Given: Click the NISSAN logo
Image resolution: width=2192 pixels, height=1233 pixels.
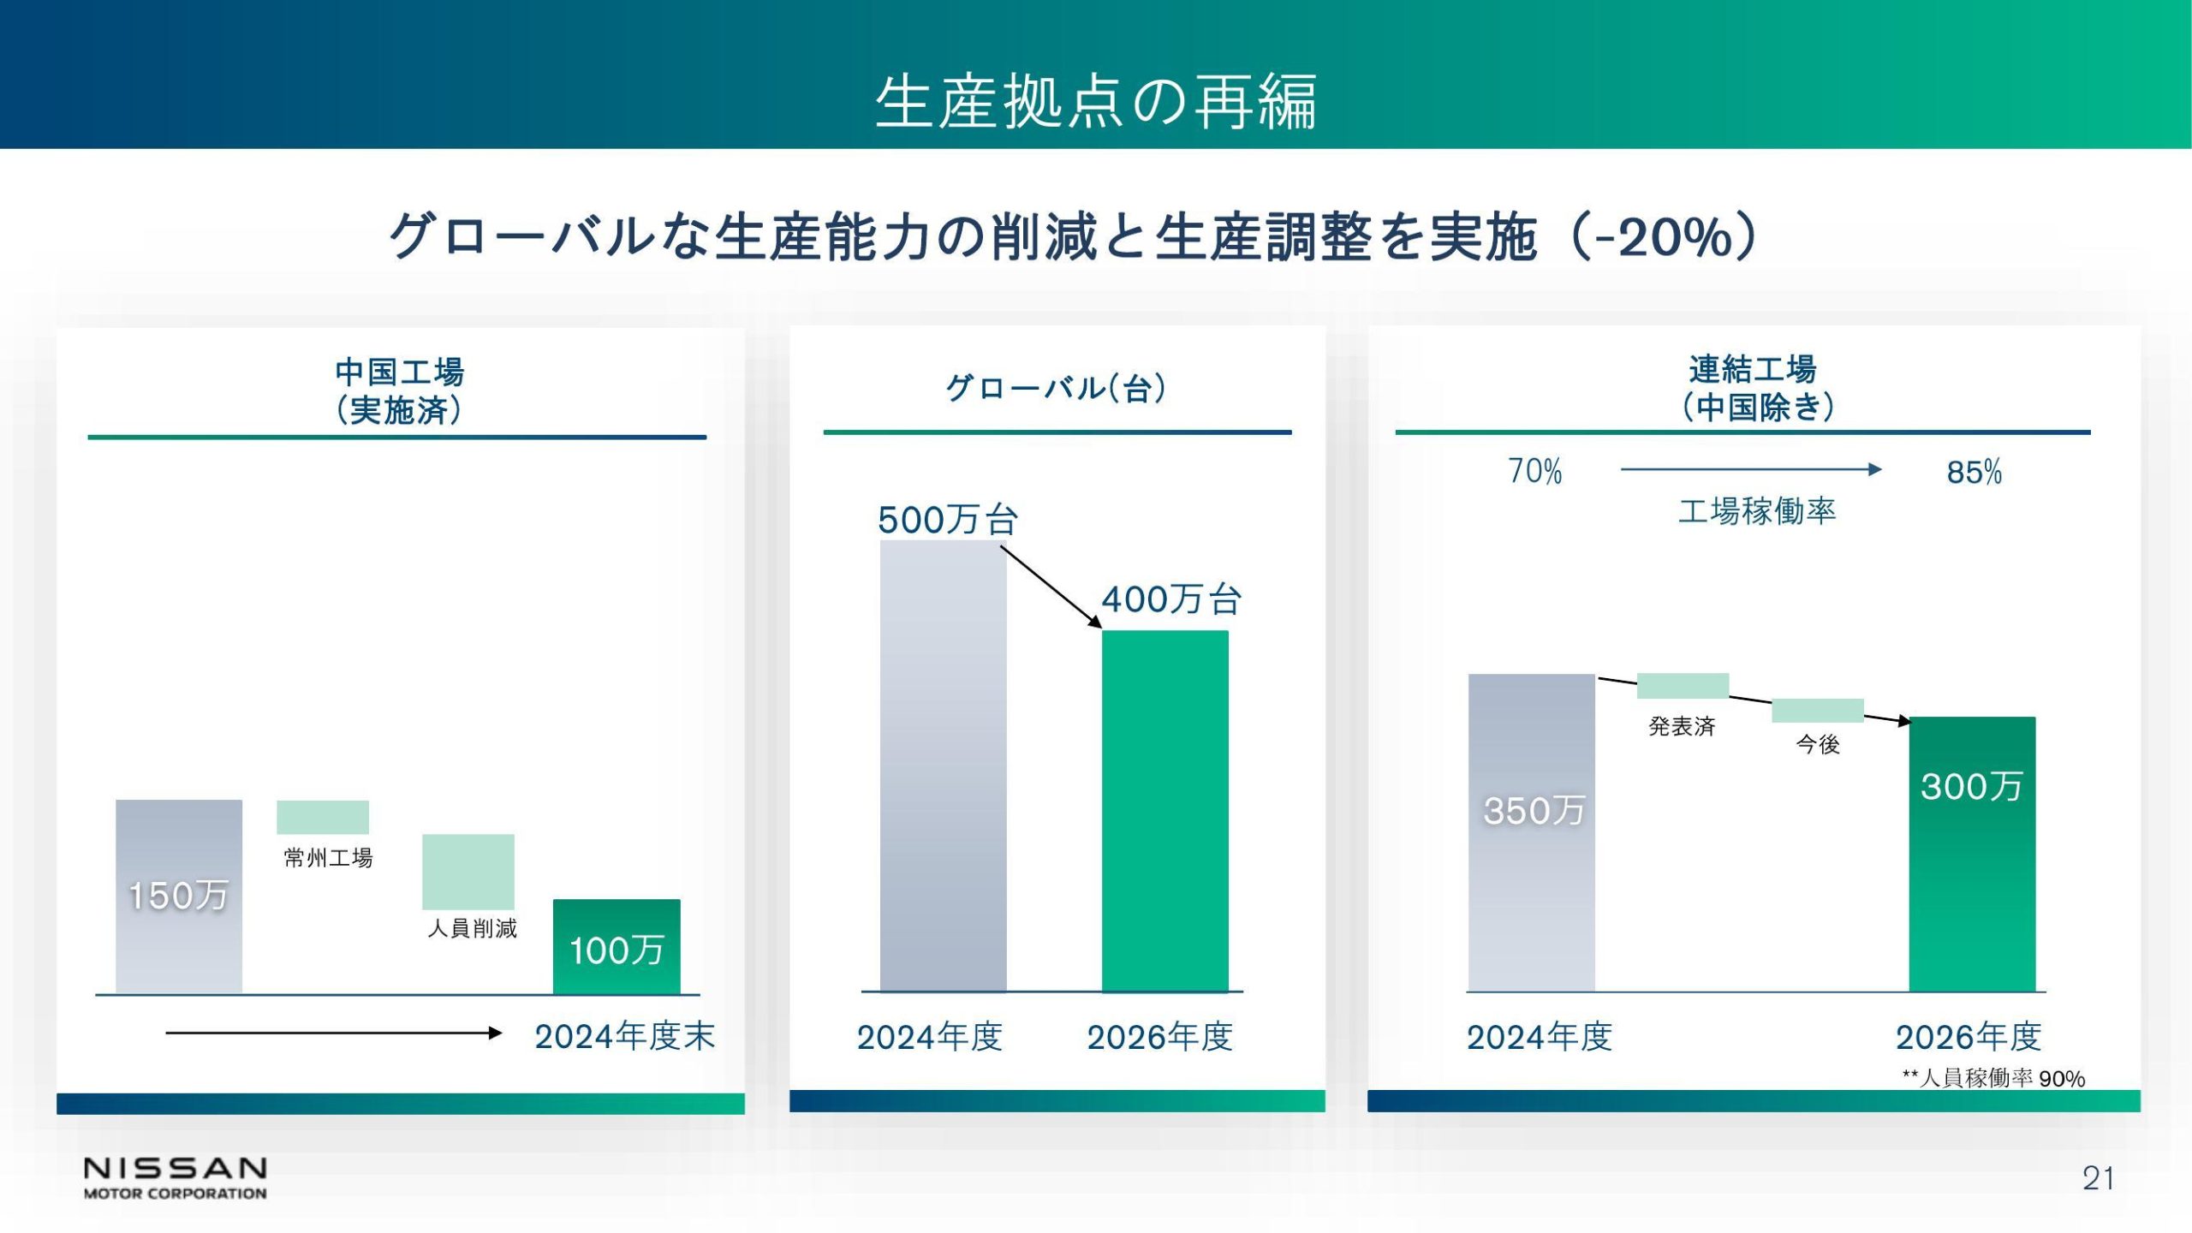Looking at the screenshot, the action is click(x=175, y=1178).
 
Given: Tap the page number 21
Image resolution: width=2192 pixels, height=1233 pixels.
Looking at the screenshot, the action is click(x=2098, y=1179).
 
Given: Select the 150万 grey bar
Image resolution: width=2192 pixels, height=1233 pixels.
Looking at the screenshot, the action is click(x=179, y=896).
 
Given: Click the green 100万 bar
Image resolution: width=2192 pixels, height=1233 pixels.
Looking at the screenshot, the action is click(x=616, y=946).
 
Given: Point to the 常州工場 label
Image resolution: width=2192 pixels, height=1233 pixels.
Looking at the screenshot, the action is click(x=328, y=858).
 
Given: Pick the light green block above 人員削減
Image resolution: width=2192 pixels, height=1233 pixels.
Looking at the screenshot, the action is click(x=468, y=872).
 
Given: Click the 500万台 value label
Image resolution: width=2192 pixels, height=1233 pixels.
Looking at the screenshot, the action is click(x=948, y=520).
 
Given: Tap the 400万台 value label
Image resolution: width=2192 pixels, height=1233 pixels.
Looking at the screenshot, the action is click(x=1171, y=599).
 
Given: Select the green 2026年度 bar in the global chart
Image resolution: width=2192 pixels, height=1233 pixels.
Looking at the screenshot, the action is click(x=1164, y=811).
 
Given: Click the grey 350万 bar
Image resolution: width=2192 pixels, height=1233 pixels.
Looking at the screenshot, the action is click(x=1532, y=832).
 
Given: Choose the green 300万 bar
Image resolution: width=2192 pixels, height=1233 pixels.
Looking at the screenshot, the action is click(x=1972, y=854).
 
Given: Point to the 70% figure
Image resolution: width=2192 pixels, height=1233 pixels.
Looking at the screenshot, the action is click(x=1535, y=471).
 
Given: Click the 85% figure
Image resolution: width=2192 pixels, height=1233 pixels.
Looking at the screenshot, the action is click(x=1975, y=472).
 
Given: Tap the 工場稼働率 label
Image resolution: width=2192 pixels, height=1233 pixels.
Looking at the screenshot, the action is click(x=1757, y=511).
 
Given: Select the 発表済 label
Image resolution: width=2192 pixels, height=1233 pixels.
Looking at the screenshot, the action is click(x=1682, y=727).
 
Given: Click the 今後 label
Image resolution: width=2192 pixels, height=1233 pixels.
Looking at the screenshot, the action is click(x=1818, y=744).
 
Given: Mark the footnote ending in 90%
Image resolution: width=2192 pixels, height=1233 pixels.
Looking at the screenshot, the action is click(x=1993, y=1078).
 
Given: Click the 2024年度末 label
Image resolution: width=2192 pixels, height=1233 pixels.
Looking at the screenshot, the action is click(x=625, y=1037).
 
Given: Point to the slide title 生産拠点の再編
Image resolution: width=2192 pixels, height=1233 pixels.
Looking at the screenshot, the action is click(x=1096, y=102).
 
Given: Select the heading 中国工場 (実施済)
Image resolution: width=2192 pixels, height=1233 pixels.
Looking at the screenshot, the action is click(x=399, y=391).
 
